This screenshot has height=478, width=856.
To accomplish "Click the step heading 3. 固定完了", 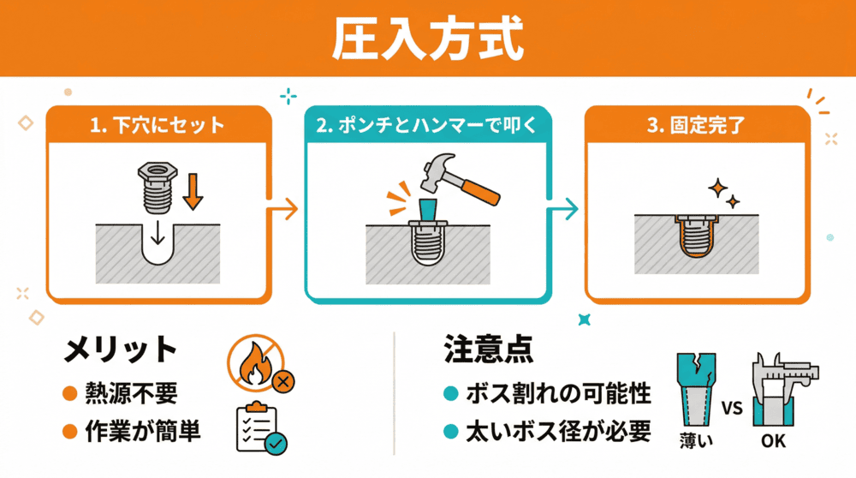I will (695, 126).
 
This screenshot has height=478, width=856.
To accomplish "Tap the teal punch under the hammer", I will (428, 211).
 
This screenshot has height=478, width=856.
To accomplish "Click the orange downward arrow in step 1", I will (194, 191).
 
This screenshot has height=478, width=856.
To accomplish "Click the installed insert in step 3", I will (695, 236).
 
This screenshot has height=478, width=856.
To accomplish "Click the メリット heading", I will (121, 350).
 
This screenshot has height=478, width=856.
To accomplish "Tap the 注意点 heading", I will (488, 349).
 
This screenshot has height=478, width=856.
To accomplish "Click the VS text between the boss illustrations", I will (733, 407).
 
